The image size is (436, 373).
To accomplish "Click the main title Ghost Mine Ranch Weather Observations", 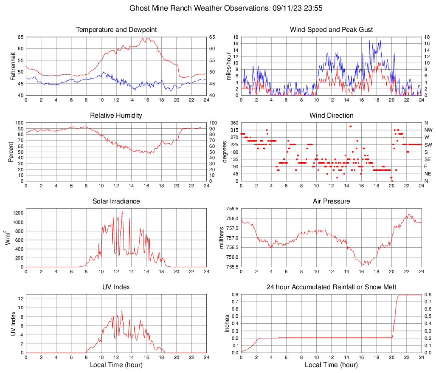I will pyautogui.click(x=217, y=8).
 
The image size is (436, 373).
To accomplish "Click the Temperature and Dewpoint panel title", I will pyautogui.click(x=116, y=30).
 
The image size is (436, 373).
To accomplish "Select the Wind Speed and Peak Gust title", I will pyautogui.click(x=331, y=30).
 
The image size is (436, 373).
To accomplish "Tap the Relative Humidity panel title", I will pyautogui.click(x=116, y=116).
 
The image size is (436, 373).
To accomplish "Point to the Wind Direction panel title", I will pyautogui.click(x=331, y=116).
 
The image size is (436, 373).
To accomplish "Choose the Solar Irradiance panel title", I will pyautogui.click(x=116, y=201).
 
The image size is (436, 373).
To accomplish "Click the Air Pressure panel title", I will pyautogui.click(x=331, y=201).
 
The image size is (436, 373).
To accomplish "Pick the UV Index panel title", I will pyautogui.click(x=116, y=287).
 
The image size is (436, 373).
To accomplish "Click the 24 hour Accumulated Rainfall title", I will pyautogui.click(x=331, y=287).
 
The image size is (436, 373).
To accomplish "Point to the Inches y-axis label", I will pyautogui.click(x=228, y=323).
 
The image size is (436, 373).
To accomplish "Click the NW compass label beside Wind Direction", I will pyautogui.click(x=428, y=130).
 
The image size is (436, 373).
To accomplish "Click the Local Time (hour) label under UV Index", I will pyautogui.click(x=116, y=365).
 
